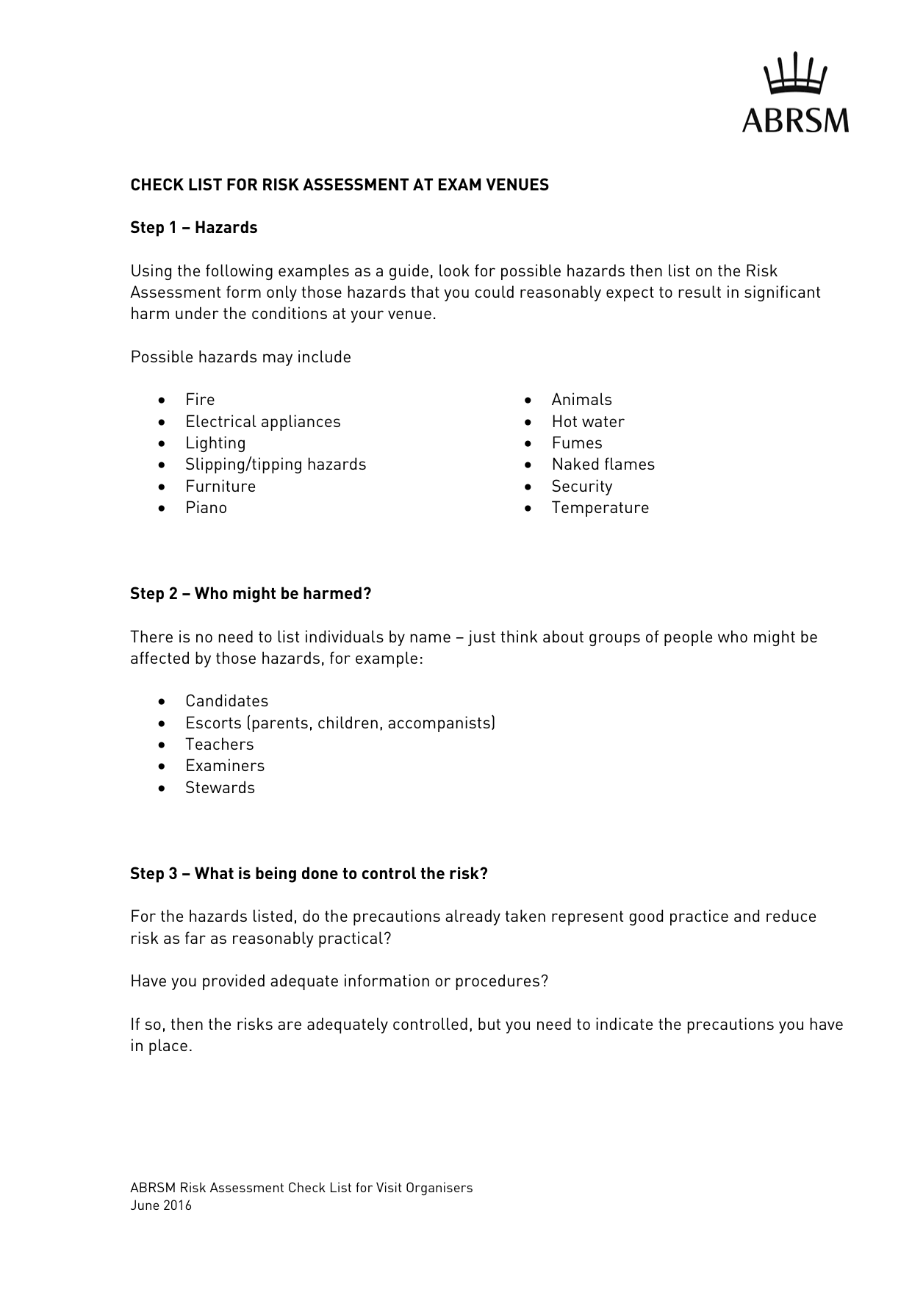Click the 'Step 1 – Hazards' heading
click(x=193, y=228)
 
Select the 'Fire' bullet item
click(x=200, y=400)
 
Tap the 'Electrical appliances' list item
click(x=262, y=422)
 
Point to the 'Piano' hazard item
click(x=206, y=508)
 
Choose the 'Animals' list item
click(x=581, y=400)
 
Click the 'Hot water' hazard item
click(x=588, y=422)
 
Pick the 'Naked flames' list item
click(x=603, y=465)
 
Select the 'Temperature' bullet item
click(x=600, y=508)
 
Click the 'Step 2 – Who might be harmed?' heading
click(x=251, y=594)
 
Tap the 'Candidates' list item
click(x=226, y=701)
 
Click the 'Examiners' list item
click(x=224, y=766)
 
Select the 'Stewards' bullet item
click(x=220, y=788)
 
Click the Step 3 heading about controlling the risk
click(x=309, y=874)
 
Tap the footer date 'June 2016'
click(x=161, y=1205)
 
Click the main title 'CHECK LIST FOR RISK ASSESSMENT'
click(x=340, y=185)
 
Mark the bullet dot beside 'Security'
click(x=528, y=487)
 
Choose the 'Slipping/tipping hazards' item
click(x=276, y=465)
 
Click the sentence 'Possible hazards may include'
click(x=240, y=357)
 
